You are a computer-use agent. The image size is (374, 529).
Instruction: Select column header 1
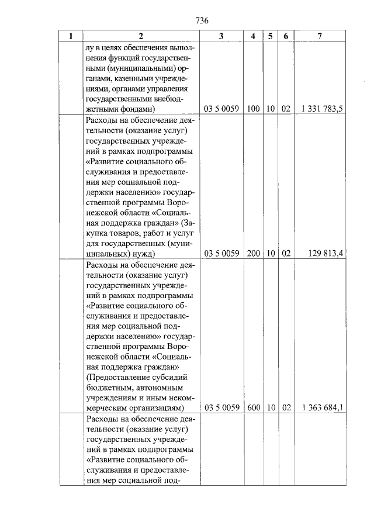point(71,36)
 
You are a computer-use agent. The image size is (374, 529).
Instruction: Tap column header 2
point(141,36)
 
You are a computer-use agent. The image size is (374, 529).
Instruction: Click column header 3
point(221,36)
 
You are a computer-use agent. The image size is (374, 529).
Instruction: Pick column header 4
point(252,36)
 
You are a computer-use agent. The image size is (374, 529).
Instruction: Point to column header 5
point(271,36)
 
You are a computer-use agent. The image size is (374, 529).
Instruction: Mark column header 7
point(320,36)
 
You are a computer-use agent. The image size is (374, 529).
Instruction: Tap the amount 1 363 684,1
point(322,407)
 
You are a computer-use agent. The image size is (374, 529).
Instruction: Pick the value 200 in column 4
point(253,254)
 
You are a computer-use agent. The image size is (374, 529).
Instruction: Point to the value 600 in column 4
point(253,407)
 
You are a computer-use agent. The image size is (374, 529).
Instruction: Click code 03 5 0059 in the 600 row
point(221,407)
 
